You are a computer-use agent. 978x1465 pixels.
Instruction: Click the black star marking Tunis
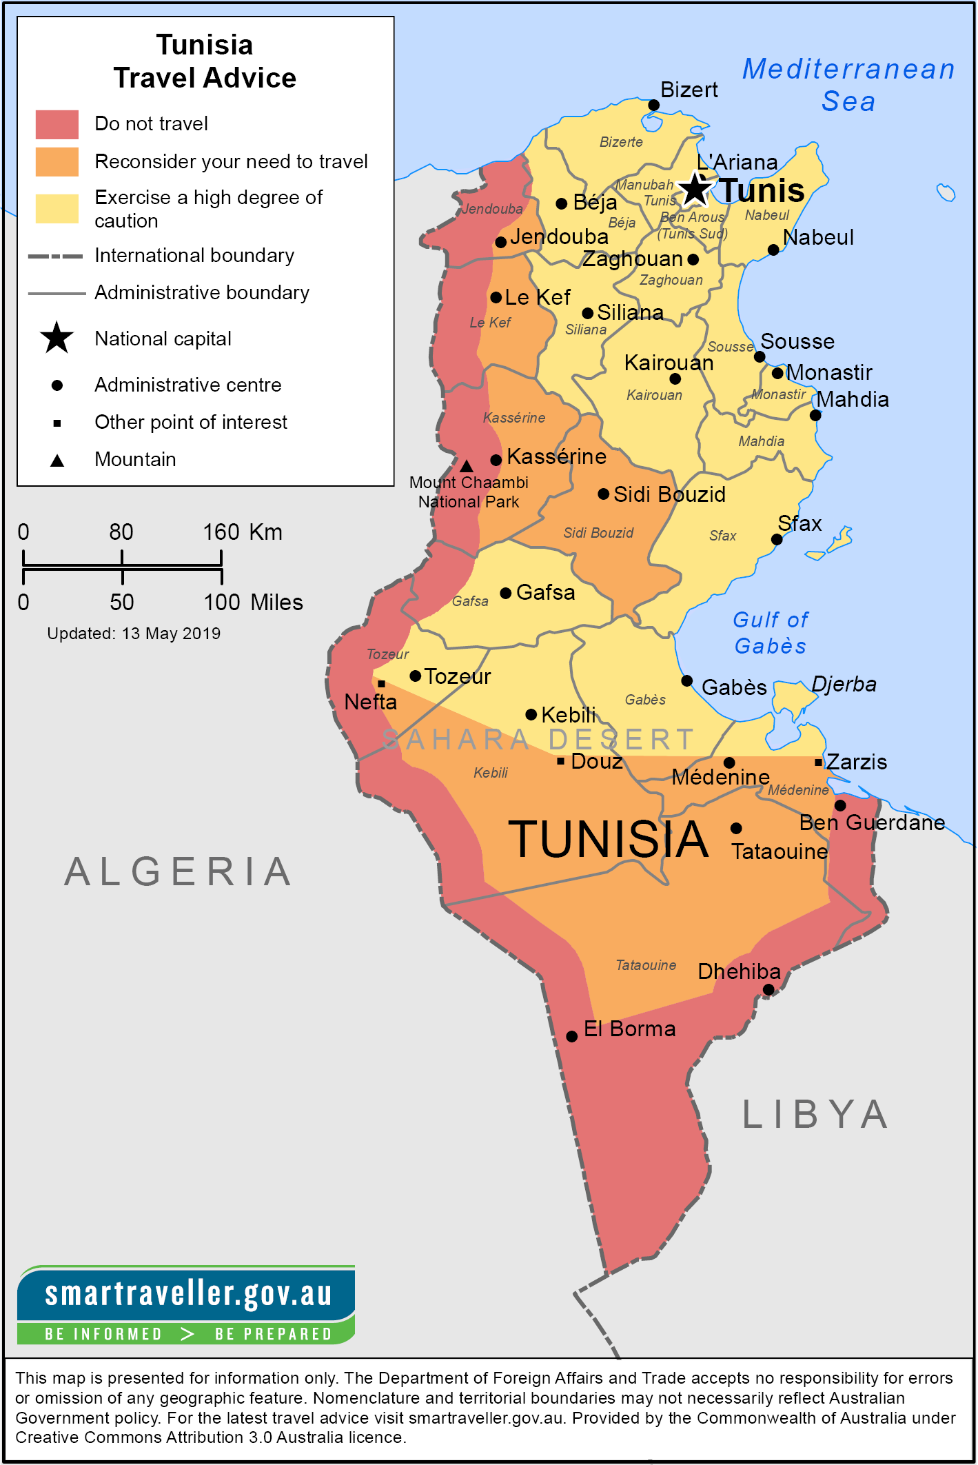pos(695,190)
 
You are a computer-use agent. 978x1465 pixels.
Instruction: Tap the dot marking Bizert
pos(653,105)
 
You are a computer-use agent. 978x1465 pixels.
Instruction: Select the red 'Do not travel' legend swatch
pos(57,125)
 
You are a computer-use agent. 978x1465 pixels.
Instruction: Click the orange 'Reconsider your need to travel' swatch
pos(57,162)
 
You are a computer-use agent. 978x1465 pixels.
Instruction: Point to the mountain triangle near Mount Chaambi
pos(467,467)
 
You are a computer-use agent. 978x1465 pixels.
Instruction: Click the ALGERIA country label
pos(178,871)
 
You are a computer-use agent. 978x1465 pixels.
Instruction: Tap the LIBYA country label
pos(815,1115)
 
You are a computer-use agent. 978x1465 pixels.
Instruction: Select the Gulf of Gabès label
pos(771,633)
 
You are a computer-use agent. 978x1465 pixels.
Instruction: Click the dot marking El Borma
pos(571,1036)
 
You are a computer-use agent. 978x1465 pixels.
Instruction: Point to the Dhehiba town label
pos(739,971)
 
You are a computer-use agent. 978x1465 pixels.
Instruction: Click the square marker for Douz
pos(560,761)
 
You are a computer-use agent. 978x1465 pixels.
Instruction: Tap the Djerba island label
pos(844,684)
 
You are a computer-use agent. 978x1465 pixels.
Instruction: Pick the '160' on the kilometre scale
pos(221,532)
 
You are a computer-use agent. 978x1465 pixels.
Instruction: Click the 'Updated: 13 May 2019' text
pos(134,634)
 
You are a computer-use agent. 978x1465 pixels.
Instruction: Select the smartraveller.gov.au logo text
pos(187,1294)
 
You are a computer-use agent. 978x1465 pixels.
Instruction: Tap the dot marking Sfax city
pos(777,540)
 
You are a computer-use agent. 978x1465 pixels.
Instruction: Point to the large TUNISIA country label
pos(608,840)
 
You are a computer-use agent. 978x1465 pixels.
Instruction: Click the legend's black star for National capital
pos(57,339)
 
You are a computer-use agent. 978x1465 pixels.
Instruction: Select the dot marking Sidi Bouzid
pos(603,494)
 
